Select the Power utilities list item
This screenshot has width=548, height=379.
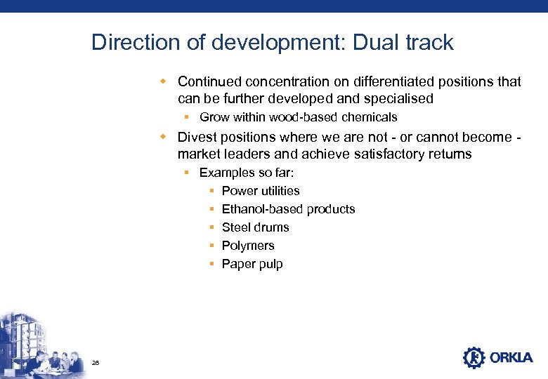click(260, 191)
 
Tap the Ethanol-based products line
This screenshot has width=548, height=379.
click(288, 209)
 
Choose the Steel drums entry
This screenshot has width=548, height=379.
click(255, 227)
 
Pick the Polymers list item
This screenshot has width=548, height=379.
click(248, 246)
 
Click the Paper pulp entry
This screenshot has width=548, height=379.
click(252, 264)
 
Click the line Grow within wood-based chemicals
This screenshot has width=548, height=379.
click(298, 117)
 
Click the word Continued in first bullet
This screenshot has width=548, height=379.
click(210, 82)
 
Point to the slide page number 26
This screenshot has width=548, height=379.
click(96, 362)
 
